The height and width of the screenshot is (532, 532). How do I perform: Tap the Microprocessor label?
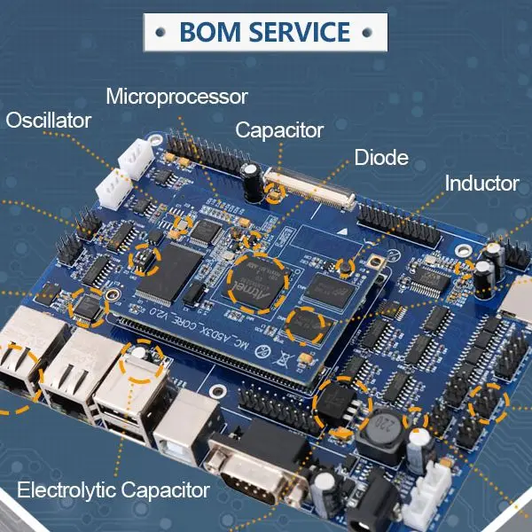coord(176,97)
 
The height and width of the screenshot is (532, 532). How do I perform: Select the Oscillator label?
coord(49,121)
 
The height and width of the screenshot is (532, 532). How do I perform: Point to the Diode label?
coord(381,159)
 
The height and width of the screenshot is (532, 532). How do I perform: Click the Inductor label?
coord(481,184)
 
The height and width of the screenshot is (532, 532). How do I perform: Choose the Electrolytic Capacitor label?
coord(113,489)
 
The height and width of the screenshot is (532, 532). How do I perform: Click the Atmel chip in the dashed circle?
coord(257,285)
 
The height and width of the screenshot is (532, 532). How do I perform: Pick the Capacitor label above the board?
coord(279,130)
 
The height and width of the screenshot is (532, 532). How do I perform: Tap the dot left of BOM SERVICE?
coord(159,33)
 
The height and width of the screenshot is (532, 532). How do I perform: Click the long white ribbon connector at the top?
coord(310,190)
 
